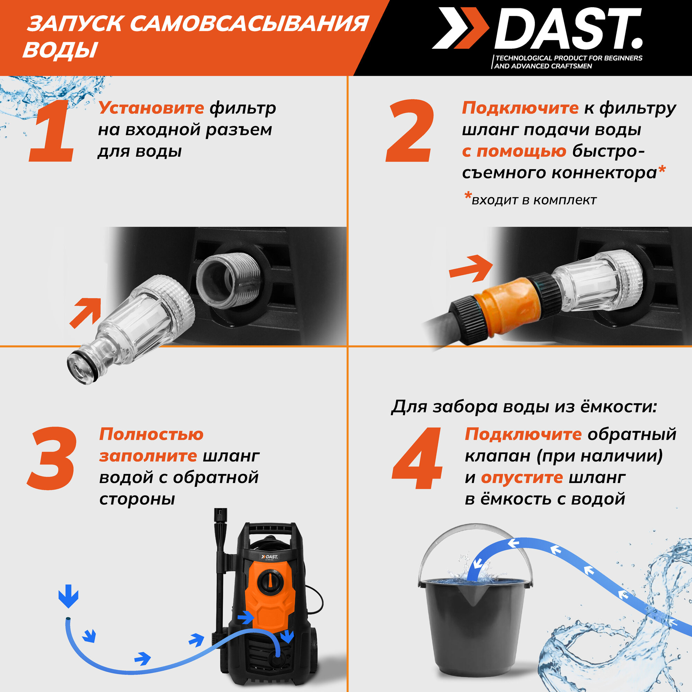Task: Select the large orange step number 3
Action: [52, 458]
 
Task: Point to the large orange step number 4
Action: [417, 458]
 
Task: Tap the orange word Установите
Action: [151, 108]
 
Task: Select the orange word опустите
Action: [522, 478]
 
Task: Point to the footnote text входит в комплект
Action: [534, 200]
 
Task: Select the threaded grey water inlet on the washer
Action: [228, 281]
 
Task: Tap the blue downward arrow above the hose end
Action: [69, 596]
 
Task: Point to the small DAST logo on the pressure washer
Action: [269, 557]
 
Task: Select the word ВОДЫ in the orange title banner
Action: [60, 49]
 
